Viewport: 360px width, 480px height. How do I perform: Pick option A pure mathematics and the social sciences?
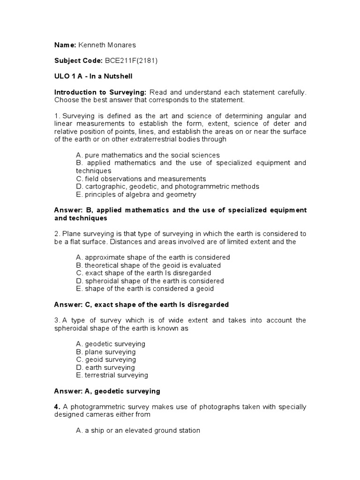(x=148, y=155)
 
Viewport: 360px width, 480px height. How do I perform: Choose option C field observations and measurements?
(x=141, y=179)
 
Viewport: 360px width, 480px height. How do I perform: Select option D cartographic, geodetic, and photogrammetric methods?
(x=167, y=187)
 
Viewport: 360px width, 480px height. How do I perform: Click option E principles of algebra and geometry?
(x=136, y=195)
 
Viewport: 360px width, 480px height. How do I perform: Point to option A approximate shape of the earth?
(x=153, y=257)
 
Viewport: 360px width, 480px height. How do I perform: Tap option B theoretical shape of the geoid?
(x=148, y=265)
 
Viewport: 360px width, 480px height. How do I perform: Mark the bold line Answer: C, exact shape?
(x=142, y=305)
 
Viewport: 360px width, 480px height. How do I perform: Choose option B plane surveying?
(x=105, y=352)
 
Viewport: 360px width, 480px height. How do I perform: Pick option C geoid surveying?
(x=106, y=360)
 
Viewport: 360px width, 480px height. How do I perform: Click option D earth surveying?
(x=105, y=367)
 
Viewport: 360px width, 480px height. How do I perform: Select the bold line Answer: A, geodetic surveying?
(x=107, y=391)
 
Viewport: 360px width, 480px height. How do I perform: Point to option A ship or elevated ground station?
(x=138, y=430)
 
